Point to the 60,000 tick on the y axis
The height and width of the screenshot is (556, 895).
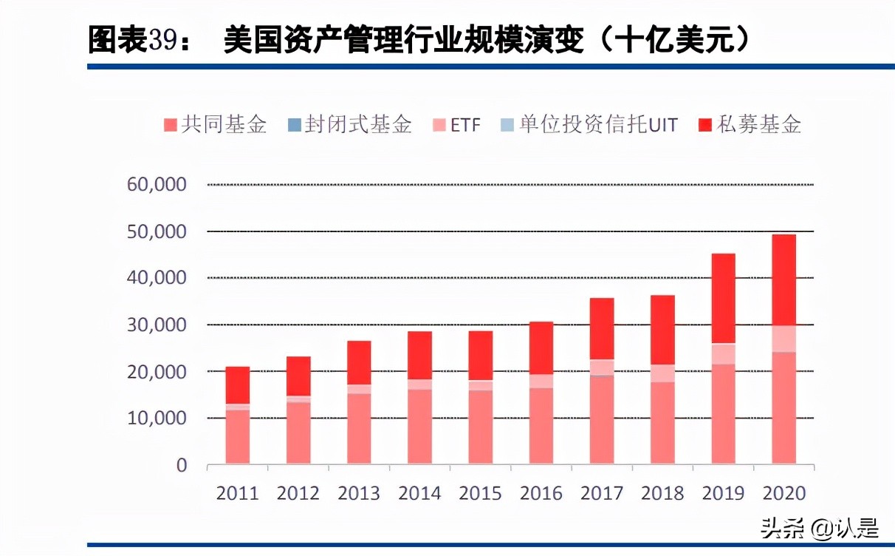(x=157, y=184)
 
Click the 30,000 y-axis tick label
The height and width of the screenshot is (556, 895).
(x=157, y=325)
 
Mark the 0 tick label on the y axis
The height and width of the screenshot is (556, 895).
(x=181, y=465)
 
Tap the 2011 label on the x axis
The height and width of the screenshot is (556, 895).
(x=238, y=493)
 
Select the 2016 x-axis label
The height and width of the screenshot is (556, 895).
(x=541, y=493)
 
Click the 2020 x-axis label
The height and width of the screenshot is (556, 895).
(x=783, y=493)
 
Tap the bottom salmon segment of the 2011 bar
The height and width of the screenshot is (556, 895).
(x=238, y=437)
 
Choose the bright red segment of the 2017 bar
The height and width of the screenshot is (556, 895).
(x=602, y=328)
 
